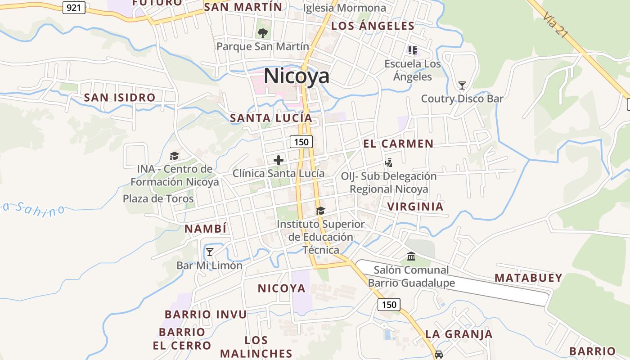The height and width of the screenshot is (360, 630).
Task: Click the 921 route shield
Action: tap(74, 7)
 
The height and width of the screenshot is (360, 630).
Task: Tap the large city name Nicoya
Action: tap(297, 76)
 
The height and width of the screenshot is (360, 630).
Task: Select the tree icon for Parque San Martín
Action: tap(262, 33)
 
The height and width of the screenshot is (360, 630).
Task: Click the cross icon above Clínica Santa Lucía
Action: tap(279, 160)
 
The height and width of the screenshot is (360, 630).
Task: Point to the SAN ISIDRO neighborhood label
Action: tap(120, 97)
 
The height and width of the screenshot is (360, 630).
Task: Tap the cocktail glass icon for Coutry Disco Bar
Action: tap(462, 85)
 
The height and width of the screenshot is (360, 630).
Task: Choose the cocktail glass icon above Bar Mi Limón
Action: tap(209, 252)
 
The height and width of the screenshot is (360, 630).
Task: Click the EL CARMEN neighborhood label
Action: tap(398, 144)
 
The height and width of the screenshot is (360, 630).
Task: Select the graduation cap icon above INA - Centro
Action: tap(174, 156)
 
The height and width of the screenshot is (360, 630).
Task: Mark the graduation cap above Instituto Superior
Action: tap(320, 211)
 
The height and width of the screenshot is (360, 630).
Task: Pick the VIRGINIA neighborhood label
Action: tap(415, 207)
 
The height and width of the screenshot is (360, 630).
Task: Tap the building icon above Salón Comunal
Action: tap(411, 256)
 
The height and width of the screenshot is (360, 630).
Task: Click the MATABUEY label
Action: tap(528, 278)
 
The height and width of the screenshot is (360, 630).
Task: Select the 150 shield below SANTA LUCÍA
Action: tap(301, 142)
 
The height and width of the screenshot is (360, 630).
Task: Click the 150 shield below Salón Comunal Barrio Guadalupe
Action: tap(388, 305)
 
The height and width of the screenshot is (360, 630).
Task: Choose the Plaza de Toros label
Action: tap(158, 198)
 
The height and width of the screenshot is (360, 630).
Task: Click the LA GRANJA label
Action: tap(459, 334)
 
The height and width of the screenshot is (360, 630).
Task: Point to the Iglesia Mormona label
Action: tap(345, 8)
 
